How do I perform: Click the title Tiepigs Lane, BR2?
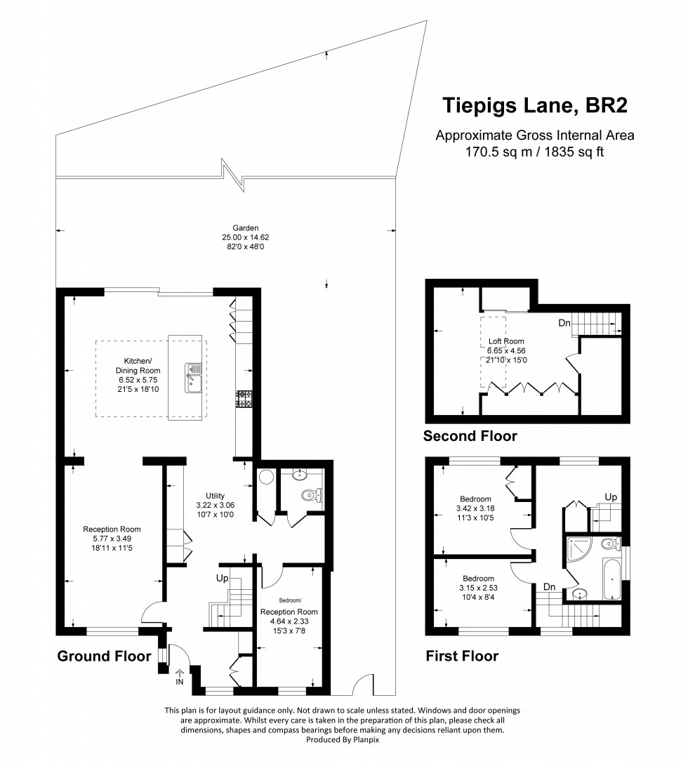pyautogui.click(x=534, y=105)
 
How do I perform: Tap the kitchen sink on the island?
pyautogui.click(x=194, y=376)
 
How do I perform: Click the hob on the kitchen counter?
pyautogui.click(x=244, y=399)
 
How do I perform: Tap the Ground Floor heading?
pyautogui.click(x=104, y=657)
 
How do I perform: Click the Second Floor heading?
pyautogui.click(x=470, y=436)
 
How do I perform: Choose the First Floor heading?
pyautogui.click(x=462, y=657)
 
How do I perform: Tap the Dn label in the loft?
pyautogui.click(x=564, y=324)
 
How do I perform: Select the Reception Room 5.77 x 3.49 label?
pyautogui.click(x=112, y=538)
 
